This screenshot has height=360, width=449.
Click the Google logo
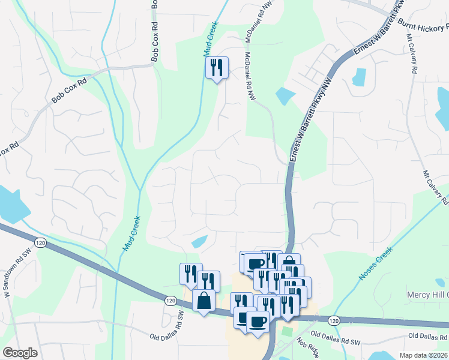pyautogui.click(x=20, y=353)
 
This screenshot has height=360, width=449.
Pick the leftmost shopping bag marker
pyautogui.click(x=203, y=299)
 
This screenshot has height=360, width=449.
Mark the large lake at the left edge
pyautogui.click(x=12, y=204)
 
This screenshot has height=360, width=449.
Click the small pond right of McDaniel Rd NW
pyautogui.click(x=285, y=95)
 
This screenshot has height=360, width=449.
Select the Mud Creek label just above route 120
pyautogui.click(x=131, y=233)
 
